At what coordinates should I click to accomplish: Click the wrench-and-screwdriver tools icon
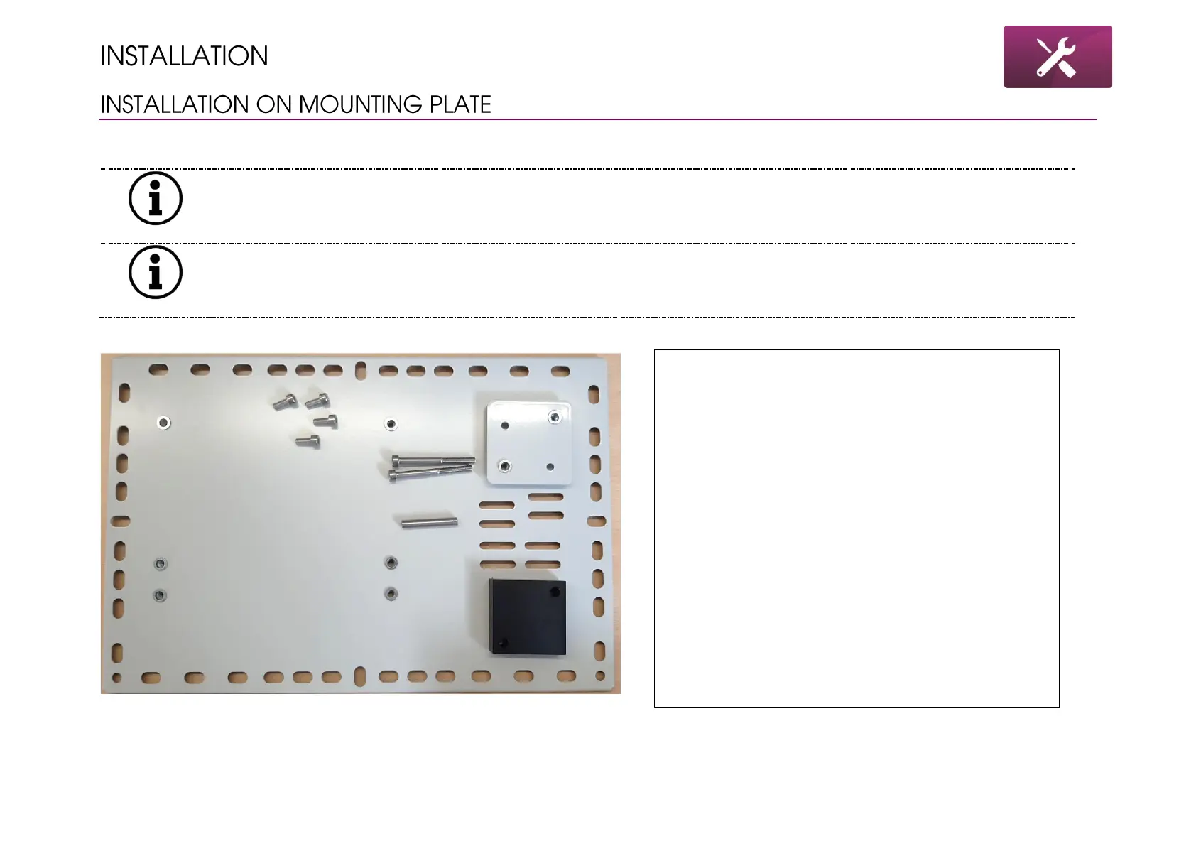point(1057,57)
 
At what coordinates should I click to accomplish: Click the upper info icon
point(156,198)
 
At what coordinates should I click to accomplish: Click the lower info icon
point(156,272)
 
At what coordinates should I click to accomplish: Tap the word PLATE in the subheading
point(460,104)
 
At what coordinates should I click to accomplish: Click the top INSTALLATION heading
point(184,56)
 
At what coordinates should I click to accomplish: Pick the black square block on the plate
point(528,616)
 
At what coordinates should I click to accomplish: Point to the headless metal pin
point(429,524)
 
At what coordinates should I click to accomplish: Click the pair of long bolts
point(431,467)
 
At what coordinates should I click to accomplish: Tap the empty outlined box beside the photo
point(856,528)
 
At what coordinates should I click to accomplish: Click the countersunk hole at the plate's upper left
point(163,423)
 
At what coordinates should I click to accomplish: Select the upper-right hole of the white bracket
point(554,417)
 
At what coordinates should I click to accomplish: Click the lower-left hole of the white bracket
point(504,466)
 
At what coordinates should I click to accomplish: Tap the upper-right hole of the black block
point(553,591)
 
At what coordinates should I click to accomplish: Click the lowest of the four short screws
point(308,442)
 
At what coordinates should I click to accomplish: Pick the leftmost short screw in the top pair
point(285,402)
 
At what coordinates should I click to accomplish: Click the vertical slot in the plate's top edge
point(361,370)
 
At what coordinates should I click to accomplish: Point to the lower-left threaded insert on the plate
point(160,595)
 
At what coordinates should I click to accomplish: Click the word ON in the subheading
point(269,104)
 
